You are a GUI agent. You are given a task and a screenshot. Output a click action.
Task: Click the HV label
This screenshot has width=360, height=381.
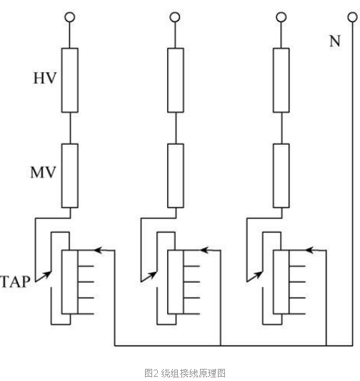point(45,78)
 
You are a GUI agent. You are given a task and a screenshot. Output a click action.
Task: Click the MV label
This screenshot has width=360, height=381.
point(44,172)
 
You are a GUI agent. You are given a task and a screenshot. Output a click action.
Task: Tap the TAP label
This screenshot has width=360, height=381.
point(15,282)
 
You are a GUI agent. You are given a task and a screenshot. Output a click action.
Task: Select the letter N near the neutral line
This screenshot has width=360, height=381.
point(335,41)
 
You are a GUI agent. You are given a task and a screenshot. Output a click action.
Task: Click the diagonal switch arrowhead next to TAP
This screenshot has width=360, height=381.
point(47,275)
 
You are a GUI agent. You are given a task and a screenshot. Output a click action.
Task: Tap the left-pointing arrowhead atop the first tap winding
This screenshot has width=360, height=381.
point(98,250)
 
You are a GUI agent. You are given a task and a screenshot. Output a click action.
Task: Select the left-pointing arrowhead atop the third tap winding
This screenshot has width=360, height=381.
point(309,250)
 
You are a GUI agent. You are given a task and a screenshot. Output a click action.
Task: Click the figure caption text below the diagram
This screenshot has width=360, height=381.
point(185,373)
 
